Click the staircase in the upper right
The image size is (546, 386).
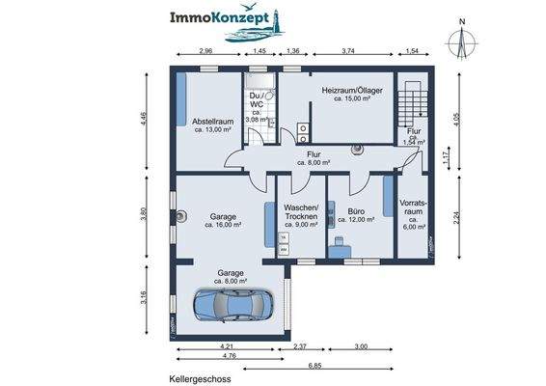[x=413, y=100]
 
